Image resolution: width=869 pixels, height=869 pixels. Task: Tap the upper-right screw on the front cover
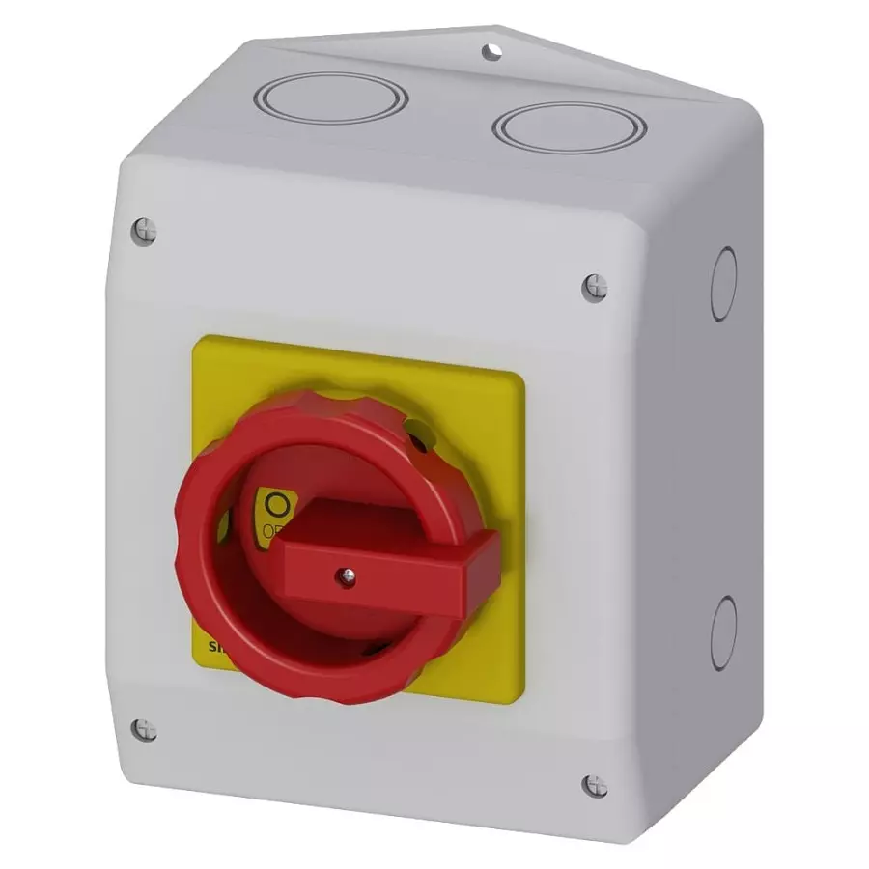click(x=595, y=287)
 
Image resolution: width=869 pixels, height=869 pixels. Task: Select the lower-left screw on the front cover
click(x=144, y=730)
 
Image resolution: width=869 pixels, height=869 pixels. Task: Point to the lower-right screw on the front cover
click(x=595, y=786)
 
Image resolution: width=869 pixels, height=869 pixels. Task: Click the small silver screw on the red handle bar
click(x=344, y=576)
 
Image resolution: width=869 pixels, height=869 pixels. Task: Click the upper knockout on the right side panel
click(x=723, y=283)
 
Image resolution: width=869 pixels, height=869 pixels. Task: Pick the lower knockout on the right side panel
click(x=723, y=632)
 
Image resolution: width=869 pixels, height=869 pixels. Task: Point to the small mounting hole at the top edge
click(x=493, y=50)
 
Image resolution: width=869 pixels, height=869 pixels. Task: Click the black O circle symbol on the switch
click(x=277, y=504)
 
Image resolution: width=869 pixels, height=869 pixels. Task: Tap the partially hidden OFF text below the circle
click(x=271, y=530)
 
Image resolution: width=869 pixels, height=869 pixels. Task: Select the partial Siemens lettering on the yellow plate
click(x=206, y=647)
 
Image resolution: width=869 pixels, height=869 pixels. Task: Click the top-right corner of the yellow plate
click(x=523, y=376)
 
